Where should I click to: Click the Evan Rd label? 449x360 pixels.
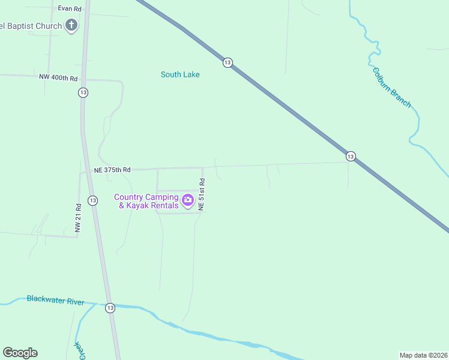tap(69, 8)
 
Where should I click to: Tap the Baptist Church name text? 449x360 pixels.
tap(31, 26)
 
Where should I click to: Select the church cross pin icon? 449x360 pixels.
tap(71, 26)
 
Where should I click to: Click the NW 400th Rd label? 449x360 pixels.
tap(58, 78)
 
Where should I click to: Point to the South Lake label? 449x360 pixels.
tap(180, 74)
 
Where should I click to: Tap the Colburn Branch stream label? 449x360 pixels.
tap(392, 87)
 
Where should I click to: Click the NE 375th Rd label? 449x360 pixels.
tap(112, 170)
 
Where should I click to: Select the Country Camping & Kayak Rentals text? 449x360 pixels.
tap(146, 201)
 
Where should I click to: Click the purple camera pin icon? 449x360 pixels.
tap(187, 200)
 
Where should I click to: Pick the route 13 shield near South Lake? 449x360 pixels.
tap(227, 62)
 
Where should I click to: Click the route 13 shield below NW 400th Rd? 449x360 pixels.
tap(83, 92)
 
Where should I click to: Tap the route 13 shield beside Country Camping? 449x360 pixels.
tap(92, 200)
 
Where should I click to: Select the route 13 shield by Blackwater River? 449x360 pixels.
tap(109, 308)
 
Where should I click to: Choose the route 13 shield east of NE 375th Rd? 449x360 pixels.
tap(351, 156)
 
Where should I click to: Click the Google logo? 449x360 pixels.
tap(20, 353)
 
